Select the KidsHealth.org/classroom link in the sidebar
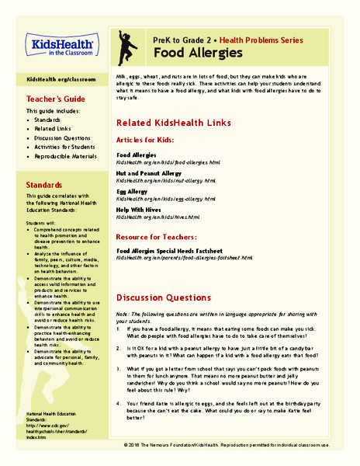click(61, 79)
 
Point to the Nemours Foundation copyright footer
click(237, 446)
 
